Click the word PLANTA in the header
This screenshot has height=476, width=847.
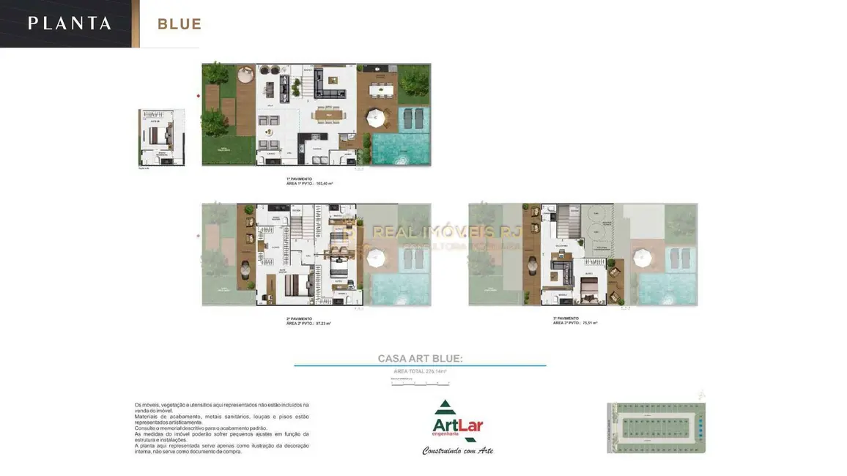pyautogui.click(x=70, y=23)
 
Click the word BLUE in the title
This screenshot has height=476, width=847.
pyautogui.click(x=180, y=24)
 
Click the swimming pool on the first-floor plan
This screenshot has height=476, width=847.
pyautogui.click(x=400, y=149)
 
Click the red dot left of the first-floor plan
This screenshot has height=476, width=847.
pyautogui.click(x=198, y=95)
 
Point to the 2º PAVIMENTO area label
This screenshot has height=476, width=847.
pyautogui.click(x=308, y=321)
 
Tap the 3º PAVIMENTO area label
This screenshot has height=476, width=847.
pyautogui.click(x=575, y=321)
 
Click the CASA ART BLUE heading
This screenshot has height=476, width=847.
pyautogui.click(x=420, y=358)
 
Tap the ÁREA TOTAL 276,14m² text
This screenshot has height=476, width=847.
pyautogui.click(x=420, y=371)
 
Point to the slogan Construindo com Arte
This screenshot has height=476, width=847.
pyautogui.click(x=458, y=450)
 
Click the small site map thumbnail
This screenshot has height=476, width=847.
pyautogui.click(x=656, y=427)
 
